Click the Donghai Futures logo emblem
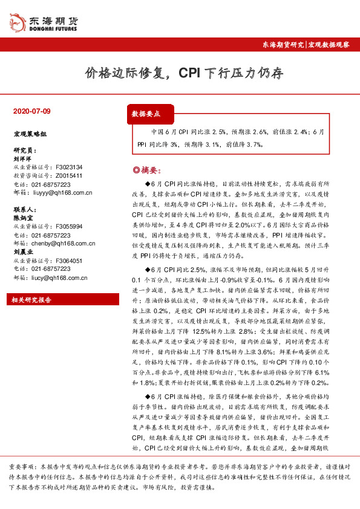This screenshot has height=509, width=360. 16,23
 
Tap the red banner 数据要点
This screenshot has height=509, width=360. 146,114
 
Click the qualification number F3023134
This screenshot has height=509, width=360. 68,167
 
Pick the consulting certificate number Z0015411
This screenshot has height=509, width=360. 69,175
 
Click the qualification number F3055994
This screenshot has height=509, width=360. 68,226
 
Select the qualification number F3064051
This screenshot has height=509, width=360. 68,261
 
